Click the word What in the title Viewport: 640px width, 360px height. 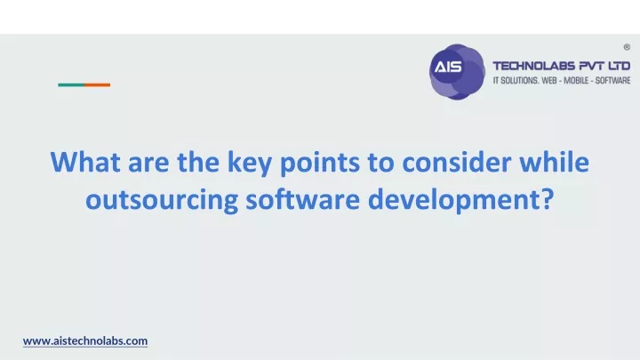pyautogui.click(x=85, y=162)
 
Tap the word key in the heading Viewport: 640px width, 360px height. pyautogui.click(x=250, y=164)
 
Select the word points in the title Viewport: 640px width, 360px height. pyautogui.click(x=320, y=164)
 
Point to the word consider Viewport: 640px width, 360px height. pyautogui.click(x=456, y=162)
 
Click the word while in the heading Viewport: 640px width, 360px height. pyautogui.click(x=555, y=162)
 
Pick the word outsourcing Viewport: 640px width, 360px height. pyautogui.click(x=162, y=200)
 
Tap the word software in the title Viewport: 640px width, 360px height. pyautogui.click(x=303, y=199)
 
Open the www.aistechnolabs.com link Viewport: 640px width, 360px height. pyautogui.click(x=85, y=340)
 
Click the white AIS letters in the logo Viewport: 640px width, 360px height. pyautogui.click(x=448, y=67)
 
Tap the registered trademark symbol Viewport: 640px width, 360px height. pyautogui.click(x=627, y=47)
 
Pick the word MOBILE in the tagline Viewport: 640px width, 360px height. pyautogui.click(x=576, y=80)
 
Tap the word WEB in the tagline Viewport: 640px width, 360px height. pyautogui.click(x=549, y=80)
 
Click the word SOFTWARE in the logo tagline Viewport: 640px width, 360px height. pyautogui.click(x=612, y=80)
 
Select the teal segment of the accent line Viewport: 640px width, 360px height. pyautogui.click(x=71, y=85)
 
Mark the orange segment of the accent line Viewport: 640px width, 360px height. pyautogui.click(x=97, y=85)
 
